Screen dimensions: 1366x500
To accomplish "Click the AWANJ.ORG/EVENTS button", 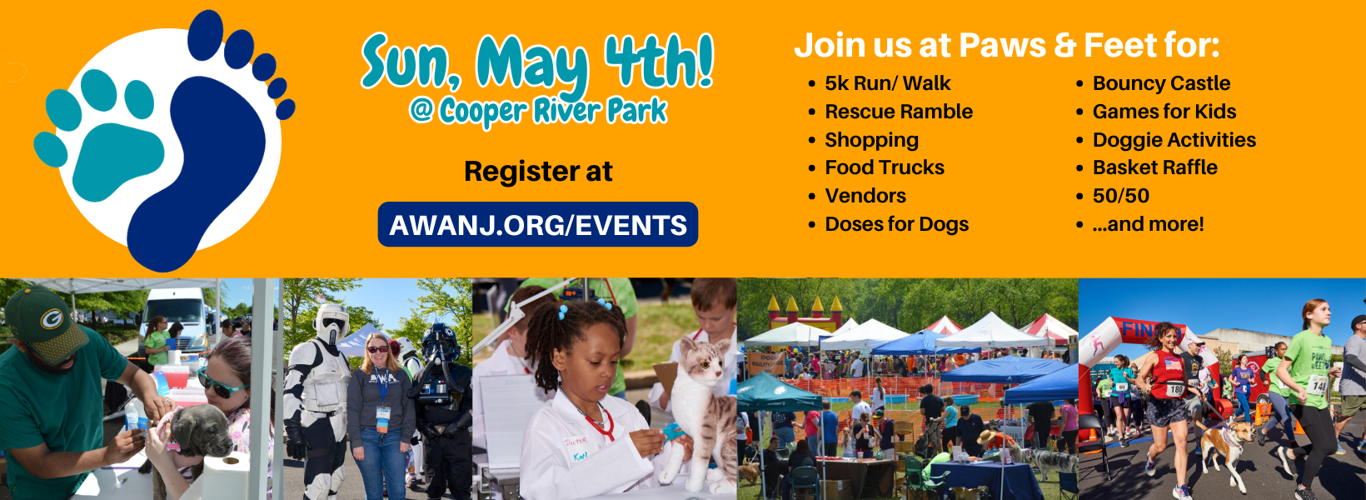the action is click(x=538, y=224).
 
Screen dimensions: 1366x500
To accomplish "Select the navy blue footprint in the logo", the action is click(x=207, y=147).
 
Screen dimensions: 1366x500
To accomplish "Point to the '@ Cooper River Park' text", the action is click(x=538, y=112).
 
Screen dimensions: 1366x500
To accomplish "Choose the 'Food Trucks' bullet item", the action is click(x=885, y=167).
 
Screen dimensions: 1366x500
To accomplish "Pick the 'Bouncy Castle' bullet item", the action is click(x=1161, y=83).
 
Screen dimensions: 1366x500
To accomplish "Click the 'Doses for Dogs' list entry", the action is click(x=896, y=224).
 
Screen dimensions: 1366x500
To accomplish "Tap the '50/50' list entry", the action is click(x=1121, y=196).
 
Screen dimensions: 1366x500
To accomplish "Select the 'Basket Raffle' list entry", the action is click(x=1155, y=167).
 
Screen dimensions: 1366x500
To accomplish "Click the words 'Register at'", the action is click(x=538, y=172).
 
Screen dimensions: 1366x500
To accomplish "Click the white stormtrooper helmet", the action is click(x=332, y=322).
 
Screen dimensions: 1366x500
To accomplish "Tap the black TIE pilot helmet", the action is click(x=441, y=342).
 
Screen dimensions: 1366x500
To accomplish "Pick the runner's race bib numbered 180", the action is click(x=1175, y=388).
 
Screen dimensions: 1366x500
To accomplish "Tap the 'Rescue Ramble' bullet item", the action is click(x=898, y=112).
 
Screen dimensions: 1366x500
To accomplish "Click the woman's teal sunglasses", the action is click(x=221, y=383).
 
